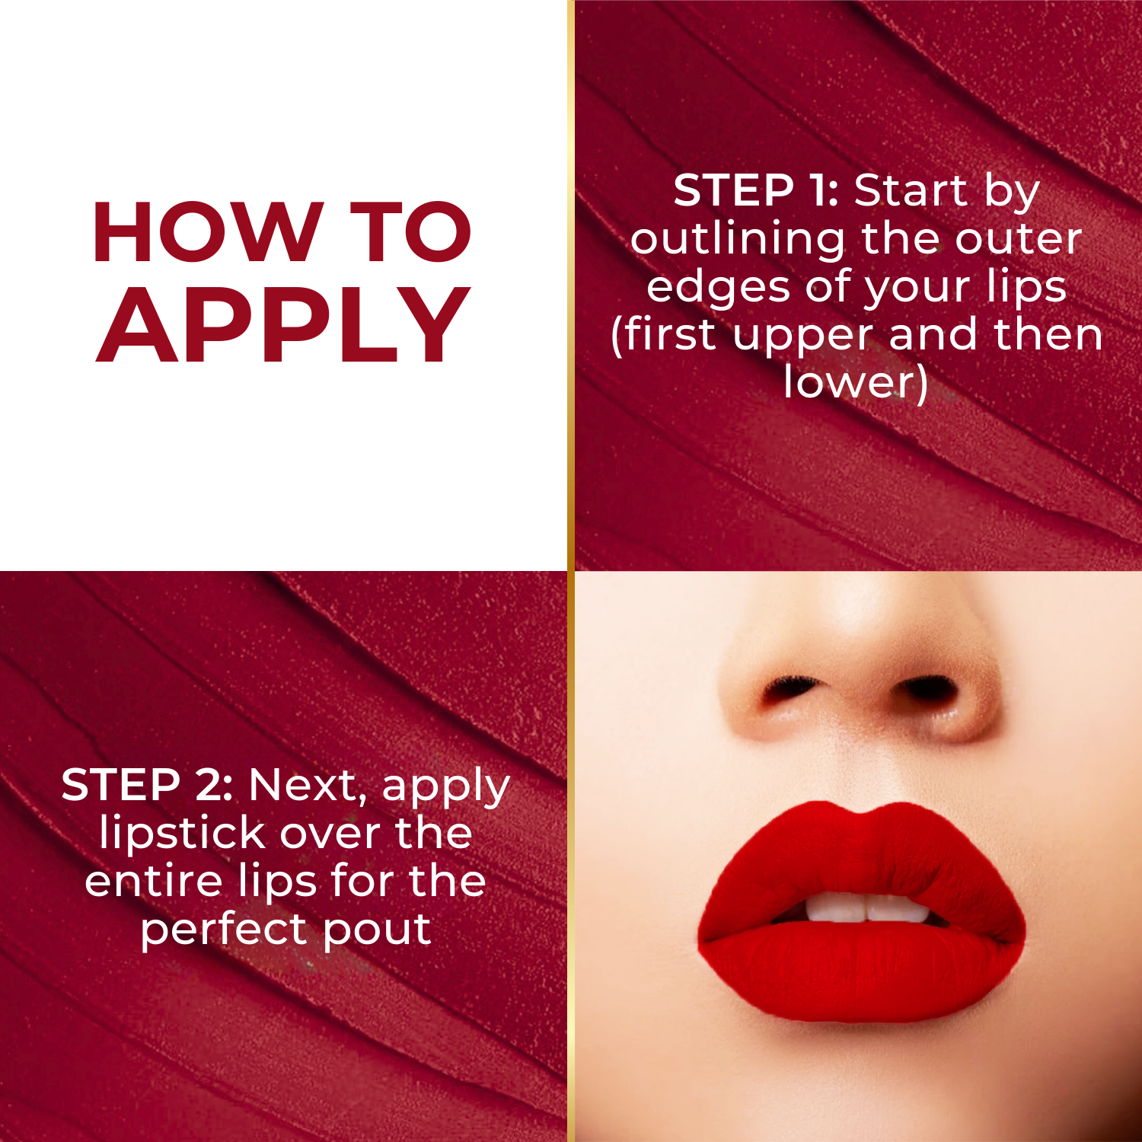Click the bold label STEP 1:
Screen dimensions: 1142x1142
[755, 190]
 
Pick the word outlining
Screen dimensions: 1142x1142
[737, 240]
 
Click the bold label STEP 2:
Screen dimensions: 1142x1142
[146, 785]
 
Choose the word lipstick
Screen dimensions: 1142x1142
[180, 834]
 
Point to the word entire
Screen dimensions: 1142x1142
[153, 882]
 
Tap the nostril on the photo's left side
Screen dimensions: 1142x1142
[788, 688]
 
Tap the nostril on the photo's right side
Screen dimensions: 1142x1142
[927, 689]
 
